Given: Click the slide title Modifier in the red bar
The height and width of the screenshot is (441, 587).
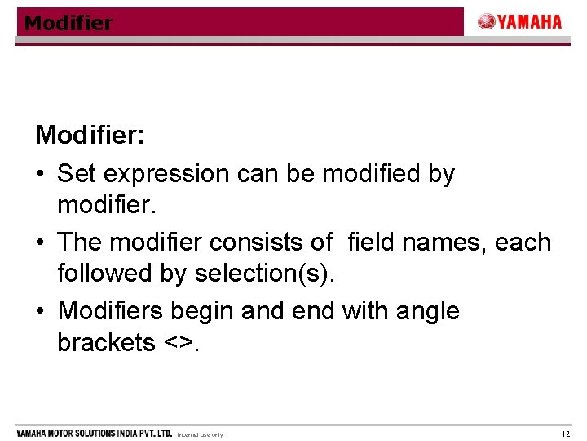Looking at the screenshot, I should pyautogui.click(x=68, y=23).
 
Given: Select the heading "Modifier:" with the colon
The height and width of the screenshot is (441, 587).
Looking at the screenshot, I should pyautogui.click(x=90, y=135).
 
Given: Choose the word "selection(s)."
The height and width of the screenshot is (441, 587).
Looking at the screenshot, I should pyautogui.click(x=265, y=274).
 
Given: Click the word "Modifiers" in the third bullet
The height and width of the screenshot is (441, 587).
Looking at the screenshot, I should pyautogui.click(x=111, y=311).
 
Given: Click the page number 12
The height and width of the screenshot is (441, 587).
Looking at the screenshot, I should pyautogui.click(x=566, y=434).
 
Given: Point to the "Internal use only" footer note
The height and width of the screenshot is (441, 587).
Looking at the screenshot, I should pyautogui.click(x=200, y=434).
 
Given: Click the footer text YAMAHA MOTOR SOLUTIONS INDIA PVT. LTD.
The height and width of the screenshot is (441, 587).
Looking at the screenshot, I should pyautogui.click(x=94, y=433).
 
